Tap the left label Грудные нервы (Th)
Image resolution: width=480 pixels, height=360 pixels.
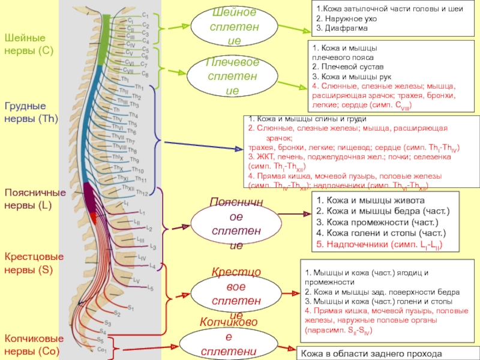31,112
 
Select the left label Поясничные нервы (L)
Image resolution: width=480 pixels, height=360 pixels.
35,199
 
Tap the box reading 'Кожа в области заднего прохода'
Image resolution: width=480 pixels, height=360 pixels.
363,353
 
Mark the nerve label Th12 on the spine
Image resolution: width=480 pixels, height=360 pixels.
142,193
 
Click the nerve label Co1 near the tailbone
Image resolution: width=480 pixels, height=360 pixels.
101,349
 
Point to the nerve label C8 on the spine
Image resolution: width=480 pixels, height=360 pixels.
144,74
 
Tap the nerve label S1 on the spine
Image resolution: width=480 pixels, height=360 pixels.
114,308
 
